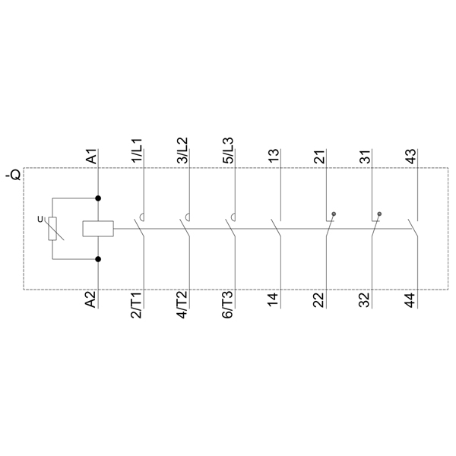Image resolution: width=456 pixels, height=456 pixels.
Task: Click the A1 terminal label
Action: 92,157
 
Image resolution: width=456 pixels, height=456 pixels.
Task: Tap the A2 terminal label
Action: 90,299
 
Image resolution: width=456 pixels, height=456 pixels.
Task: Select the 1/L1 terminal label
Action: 137,150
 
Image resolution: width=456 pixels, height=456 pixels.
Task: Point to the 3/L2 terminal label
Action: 182,150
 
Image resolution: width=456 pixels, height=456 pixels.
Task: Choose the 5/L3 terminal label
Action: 228,150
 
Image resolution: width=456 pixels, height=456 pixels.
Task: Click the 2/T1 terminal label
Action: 136,305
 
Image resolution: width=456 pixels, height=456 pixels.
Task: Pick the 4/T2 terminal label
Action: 182,305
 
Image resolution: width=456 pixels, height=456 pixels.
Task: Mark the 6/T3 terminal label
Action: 227,305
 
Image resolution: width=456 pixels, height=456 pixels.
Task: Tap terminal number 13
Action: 274,157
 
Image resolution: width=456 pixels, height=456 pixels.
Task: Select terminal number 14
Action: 273,300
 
